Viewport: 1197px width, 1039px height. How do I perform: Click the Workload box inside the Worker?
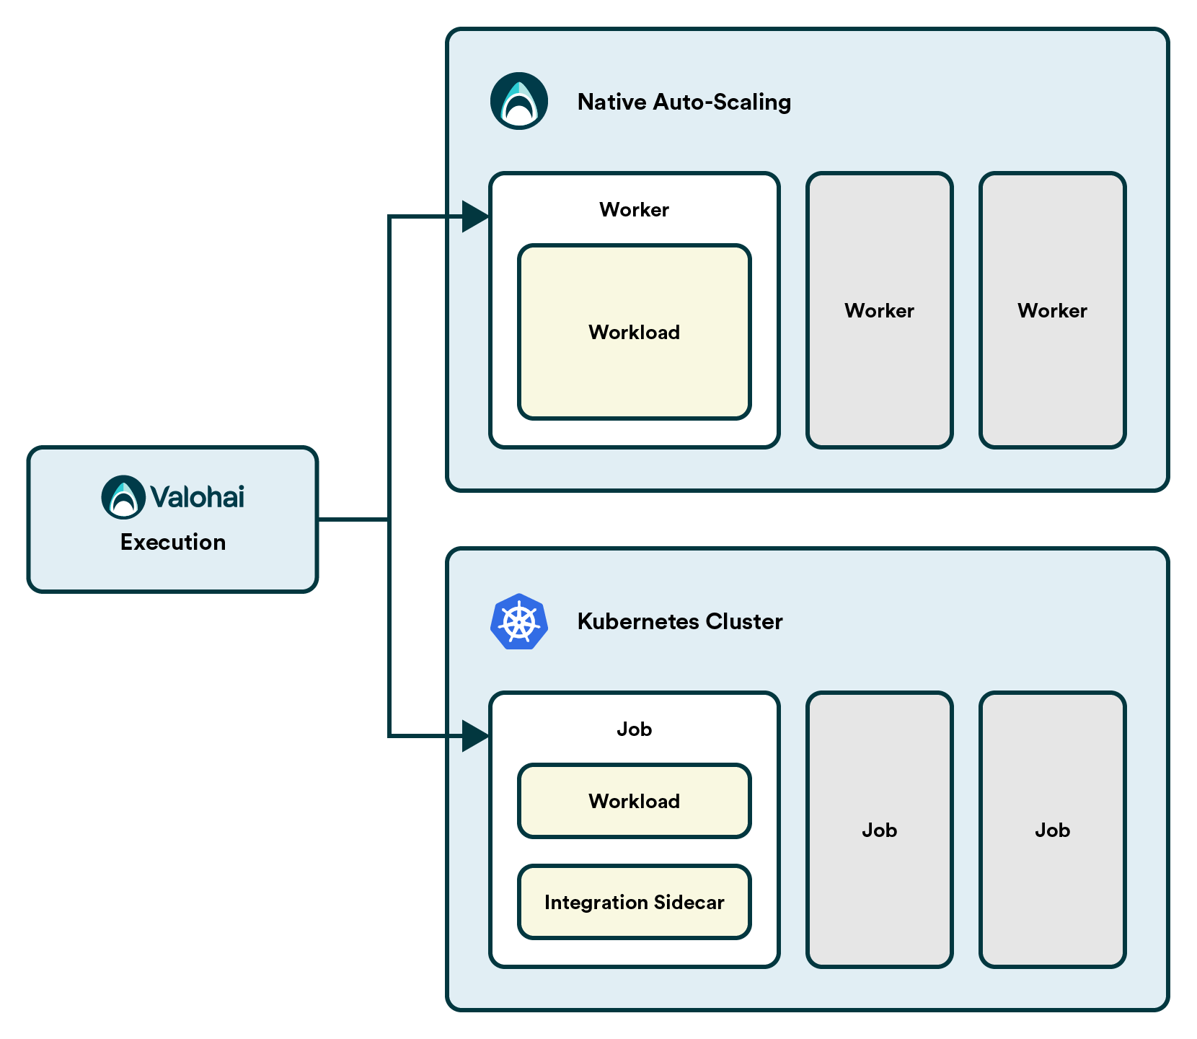point(635,332)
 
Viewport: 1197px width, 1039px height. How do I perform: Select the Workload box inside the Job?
point(635,801)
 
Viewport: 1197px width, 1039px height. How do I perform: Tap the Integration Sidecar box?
point(635,902)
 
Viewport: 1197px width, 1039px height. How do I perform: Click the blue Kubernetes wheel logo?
point(519,621)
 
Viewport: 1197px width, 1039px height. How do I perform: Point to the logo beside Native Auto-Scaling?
point(519,101)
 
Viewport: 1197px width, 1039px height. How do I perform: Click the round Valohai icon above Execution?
point(123,497)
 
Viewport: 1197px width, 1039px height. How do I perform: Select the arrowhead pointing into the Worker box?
point(476,216)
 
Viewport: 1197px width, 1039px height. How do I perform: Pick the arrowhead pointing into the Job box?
point(476,736)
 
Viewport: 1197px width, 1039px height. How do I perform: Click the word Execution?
point(173,542)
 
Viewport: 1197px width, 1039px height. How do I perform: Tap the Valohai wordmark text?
point(198,497)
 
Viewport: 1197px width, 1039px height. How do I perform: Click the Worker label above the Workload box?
point(635,210)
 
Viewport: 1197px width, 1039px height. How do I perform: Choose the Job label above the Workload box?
point(635,729)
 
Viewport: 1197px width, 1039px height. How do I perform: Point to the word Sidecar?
point(689,903)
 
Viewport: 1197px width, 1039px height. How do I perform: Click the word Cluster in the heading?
point(744,621)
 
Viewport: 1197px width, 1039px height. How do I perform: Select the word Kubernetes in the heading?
point(638,621)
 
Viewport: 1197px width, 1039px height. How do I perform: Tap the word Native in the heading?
point(612,102)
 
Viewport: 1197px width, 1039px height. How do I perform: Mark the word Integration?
point(596,903)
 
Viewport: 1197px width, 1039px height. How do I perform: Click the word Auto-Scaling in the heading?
point(722,102)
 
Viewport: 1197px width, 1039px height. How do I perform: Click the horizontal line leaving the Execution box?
point(353,519)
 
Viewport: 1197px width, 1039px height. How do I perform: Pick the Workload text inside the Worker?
point(635,333)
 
